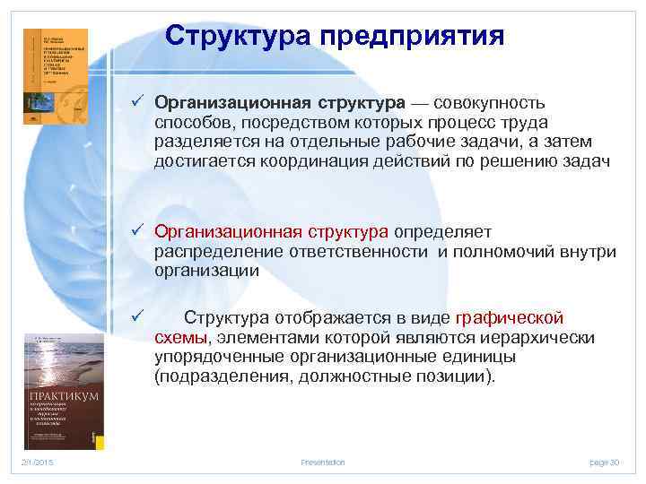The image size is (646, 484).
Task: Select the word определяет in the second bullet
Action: tap(436, 233)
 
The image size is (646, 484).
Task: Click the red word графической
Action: tap(510, 317)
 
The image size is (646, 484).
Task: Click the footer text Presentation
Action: tap(322, 462)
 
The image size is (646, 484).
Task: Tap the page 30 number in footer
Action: tap(604, 462)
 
